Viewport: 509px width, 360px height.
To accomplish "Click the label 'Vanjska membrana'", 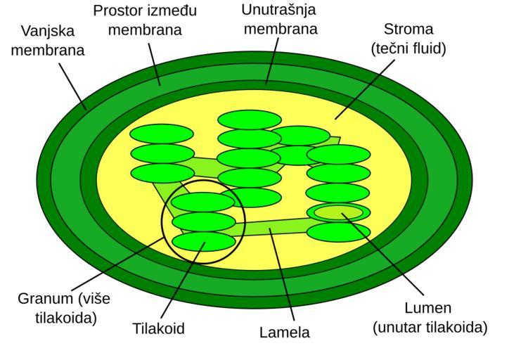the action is coord(48,41).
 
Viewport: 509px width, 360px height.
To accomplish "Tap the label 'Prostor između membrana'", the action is coord(145,20).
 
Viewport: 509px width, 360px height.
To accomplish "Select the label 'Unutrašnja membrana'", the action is coord(280,19).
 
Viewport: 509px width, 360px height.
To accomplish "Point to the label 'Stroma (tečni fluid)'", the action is coord(408,39).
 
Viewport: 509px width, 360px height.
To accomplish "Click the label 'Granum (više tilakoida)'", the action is coord(64,308).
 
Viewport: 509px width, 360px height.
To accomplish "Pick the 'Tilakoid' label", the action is coord(159,328).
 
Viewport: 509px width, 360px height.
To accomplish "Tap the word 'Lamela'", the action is coord(285,332).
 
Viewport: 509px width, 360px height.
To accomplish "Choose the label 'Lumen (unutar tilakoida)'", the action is coord(430,318).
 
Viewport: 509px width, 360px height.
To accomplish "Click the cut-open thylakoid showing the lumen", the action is coord(338,212).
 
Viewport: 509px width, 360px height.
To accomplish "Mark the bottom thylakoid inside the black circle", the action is coord(204,241).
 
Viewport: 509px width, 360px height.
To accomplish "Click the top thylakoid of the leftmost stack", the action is coord(162,134).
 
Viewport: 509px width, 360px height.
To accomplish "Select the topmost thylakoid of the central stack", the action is coord(250,120).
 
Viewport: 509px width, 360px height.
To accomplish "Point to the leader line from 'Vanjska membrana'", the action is coord(72,86).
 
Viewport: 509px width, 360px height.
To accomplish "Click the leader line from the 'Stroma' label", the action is coord(365,89).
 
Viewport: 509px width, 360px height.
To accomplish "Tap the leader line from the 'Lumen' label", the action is coord(382,254).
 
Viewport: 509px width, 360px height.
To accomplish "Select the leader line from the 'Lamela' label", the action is coord(282,275).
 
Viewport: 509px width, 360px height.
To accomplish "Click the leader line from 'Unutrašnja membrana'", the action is coord(272,61).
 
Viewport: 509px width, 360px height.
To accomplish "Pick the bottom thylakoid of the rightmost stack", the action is coord(338,232).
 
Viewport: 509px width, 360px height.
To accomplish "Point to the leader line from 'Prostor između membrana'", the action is coord(155,65).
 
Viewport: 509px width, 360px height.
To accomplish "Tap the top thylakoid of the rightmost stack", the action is coord(338,155).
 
